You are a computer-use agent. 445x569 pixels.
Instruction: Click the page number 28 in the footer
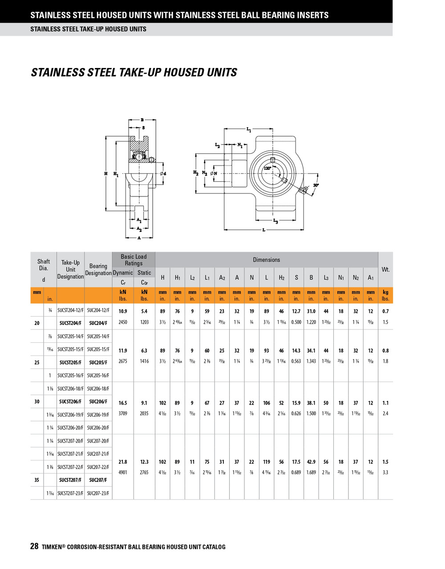34,546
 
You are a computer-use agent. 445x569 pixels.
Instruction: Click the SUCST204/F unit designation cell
70,323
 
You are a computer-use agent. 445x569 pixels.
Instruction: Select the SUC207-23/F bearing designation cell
98,493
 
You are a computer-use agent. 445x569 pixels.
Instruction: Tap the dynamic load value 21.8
122,462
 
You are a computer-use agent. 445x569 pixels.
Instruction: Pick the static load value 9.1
144,403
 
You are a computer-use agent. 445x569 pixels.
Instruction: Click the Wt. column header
385,270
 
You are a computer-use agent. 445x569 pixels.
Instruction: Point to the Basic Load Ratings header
133,260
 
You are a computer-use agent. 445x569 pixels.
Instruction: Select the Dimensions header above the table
266,260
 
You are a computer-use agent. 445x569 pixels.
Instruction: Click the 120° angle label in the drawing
267,169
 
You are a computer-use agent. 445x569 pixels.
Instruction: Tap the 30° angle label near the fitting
316,184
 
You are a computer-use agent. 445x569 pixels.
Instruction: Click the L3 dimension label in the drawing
275,221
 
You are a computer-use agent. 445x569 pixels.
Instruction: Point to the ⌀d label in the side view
162,173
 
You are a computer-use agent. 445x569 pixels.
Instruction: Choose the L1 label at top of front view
249,130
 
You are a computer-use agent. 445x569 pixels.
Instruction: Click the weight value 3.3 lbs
385,473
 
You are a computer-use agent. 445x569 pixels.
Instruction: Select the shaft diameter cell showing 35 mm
37,480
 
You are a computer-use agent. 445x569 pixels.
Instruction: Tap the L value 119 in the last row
267,462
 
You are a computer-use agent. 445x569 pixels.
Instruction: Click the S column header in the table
296,278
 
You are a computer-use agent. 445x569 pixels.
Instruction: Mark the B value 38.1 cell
311,403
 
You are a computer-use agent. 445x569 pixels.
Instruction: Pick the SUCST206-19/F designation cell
70,415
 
